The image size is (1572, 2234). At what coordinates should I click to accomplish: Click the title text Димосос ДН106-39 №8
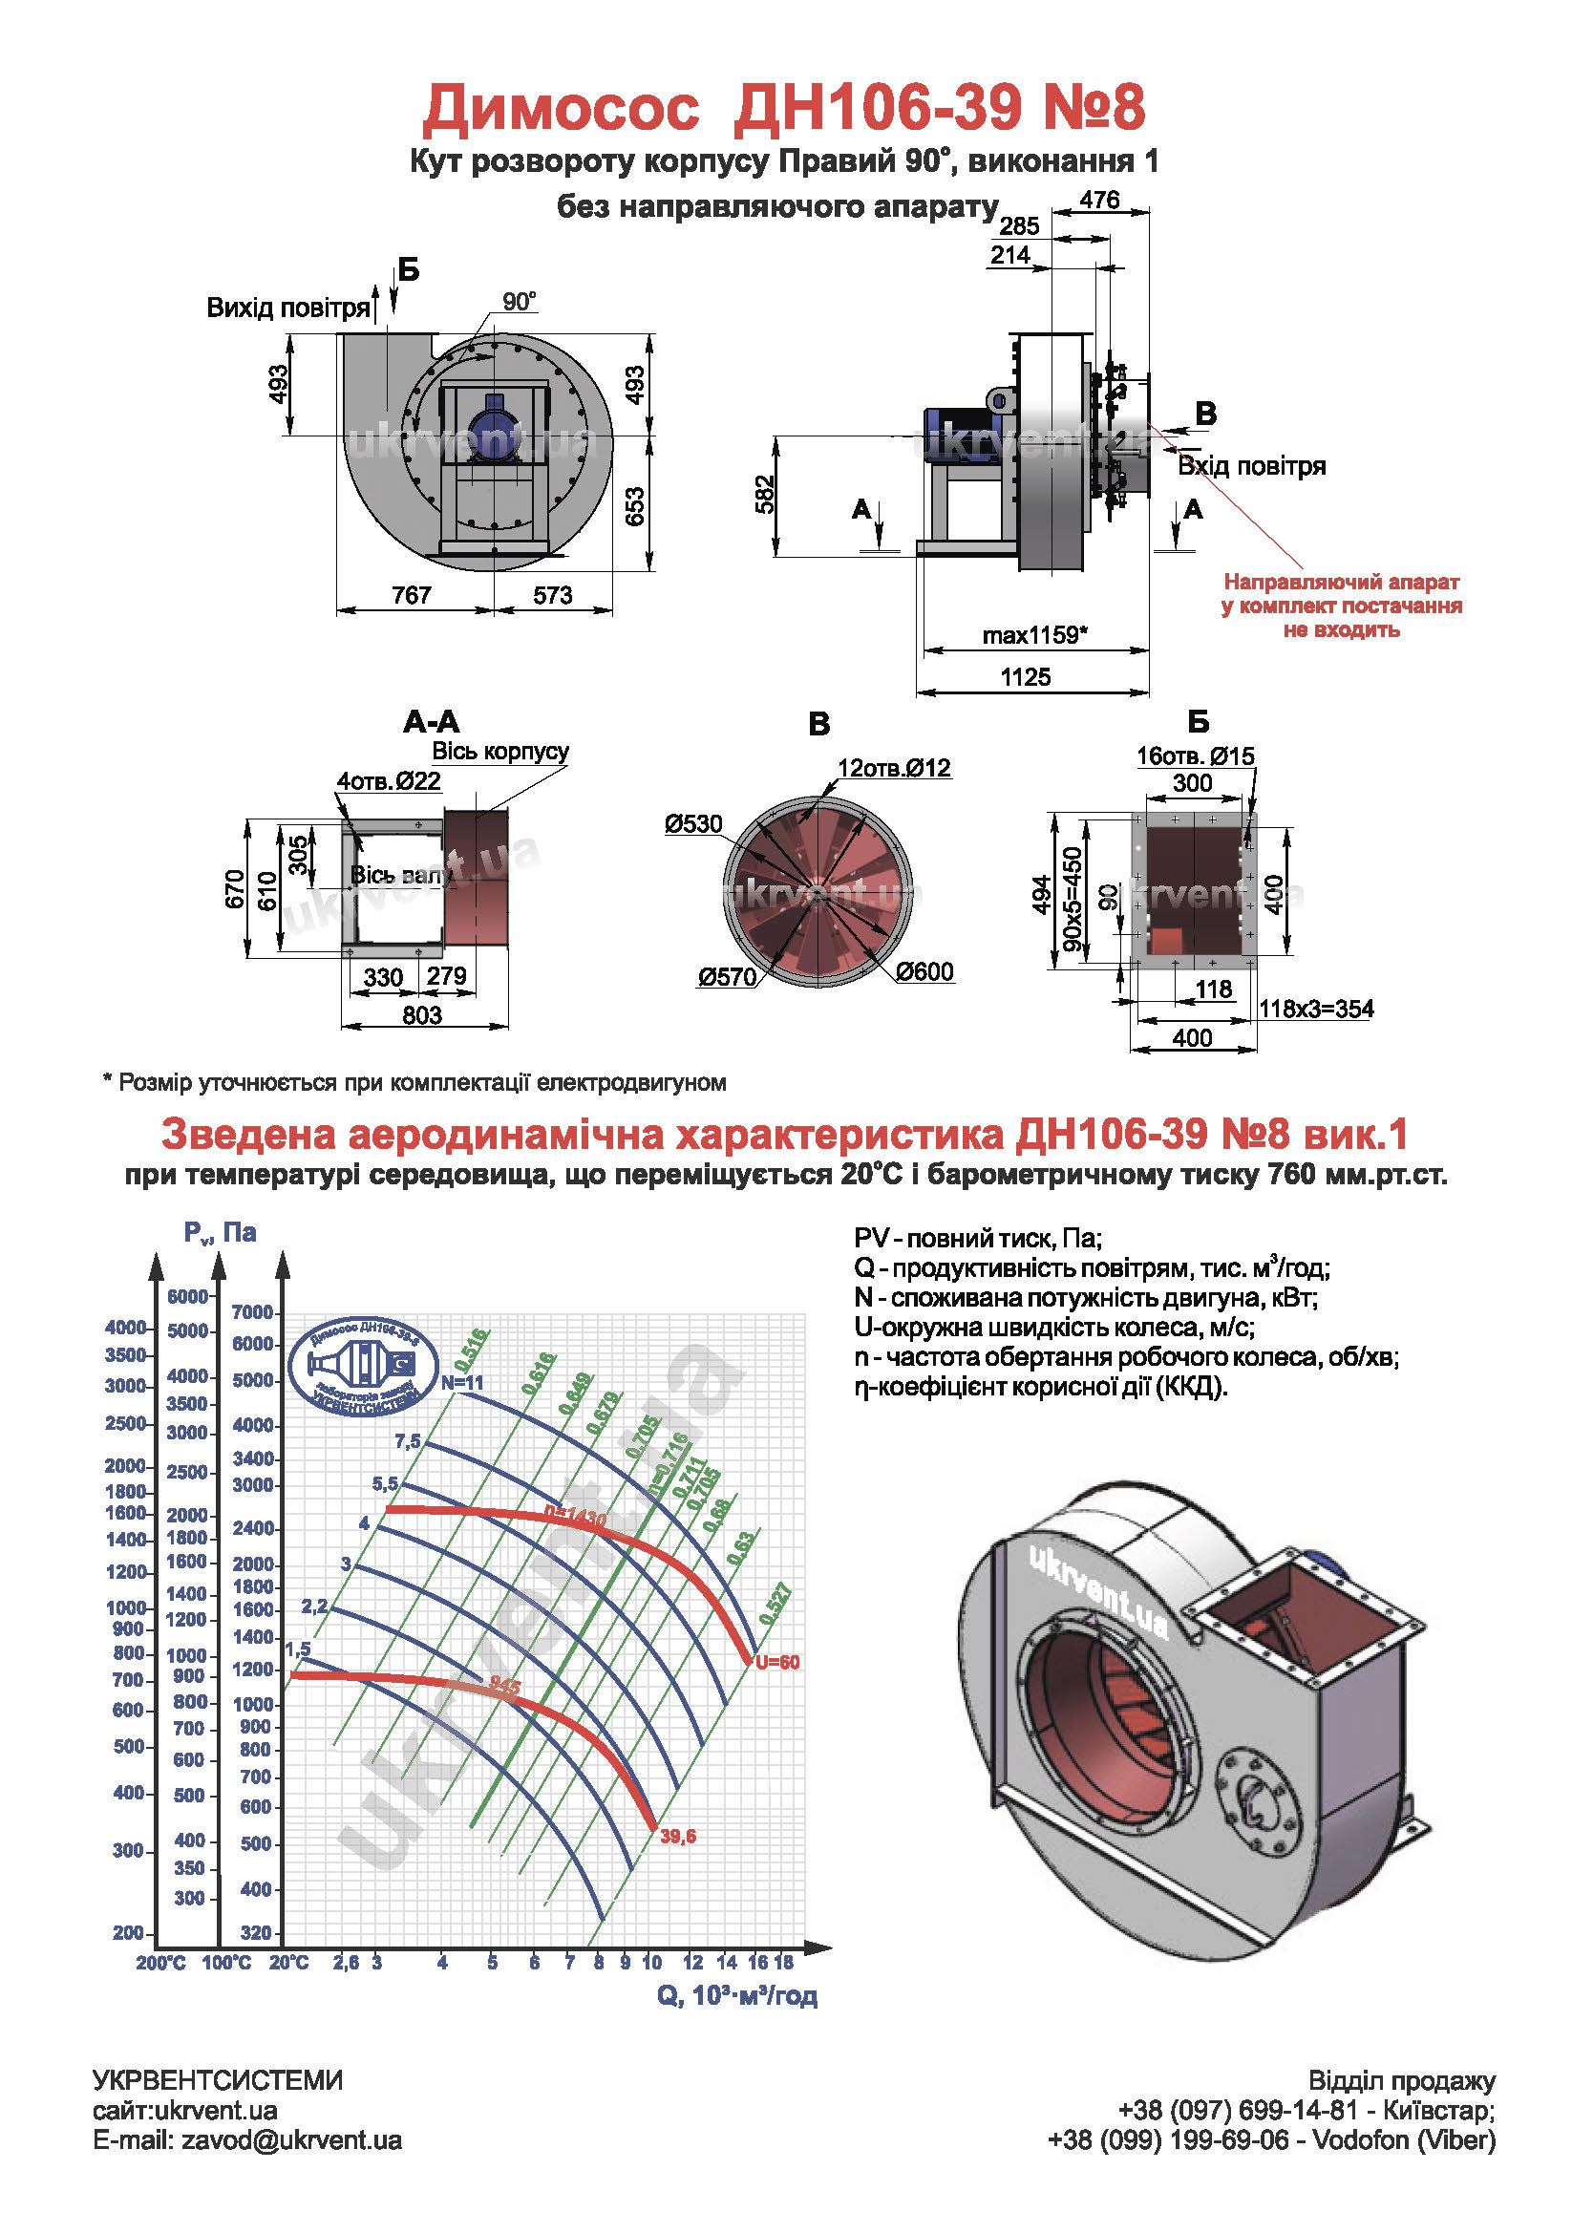(x=784, y=107)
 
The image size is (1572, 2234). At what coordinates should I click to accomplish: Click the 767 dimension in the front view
(x=412, y=595)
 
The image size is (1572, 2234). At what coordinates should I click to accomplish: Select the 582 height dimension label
(x=767, y=495)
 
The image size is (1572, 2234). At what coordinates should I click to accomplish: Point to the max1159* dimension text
(x=1034, y=635)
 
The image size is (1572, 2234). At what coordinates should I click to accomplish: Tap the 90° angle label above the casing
(x=520, y=302)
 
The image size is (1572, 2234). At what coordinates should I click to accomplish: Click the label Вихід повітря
(x=287, y=309)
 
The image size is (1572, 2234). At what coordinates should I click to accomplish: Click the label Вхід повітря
(x=1252, y=466)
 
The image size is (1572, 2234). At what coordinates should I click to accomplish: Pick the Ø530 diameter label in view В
(x=693, y=824)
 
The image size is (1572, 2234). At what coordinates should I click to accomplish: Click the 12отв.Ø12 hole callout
(x=894, y=768)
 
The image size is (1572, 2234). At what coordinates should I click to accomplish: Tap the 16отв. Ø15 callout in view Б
(x=1196, y=756)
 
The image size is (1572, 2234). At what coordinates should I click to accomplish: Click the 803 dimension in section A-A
(x=422, y=1015)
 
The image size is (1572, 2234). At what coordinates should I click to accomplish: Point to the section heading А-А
(x=431, y=722)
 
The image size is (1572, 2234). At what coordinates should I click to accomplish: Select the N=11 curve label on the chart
(x=462, y=1383)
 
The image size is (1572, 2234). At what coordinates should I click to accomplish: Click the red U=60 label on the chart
(x=777, y=1662)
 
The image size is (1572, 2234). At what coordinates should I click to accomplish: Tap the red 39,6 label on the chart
(x=678, y=1836)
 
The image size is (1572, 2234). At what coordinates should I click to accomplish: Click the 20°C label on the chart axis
(x=289, y=1963)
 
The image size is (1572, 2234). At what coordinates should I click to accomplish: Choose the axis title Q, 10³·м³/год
(x=737, y=1995)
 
